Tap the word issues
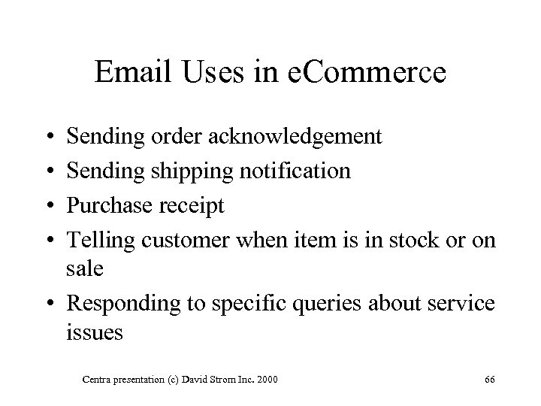94,332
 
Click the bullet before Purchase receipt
48,205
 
